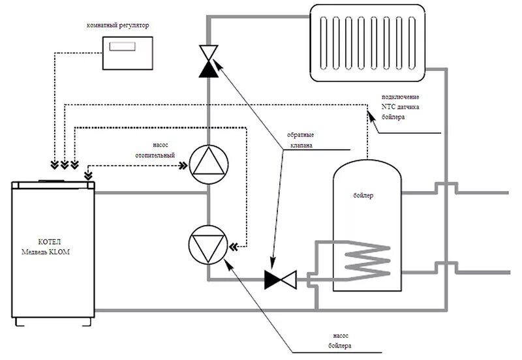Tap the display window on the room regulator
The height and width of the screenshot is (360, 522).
[x=123, y=47]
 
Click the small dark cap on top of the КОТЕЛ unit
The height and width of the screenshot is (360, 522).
[x=52, y=179]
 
